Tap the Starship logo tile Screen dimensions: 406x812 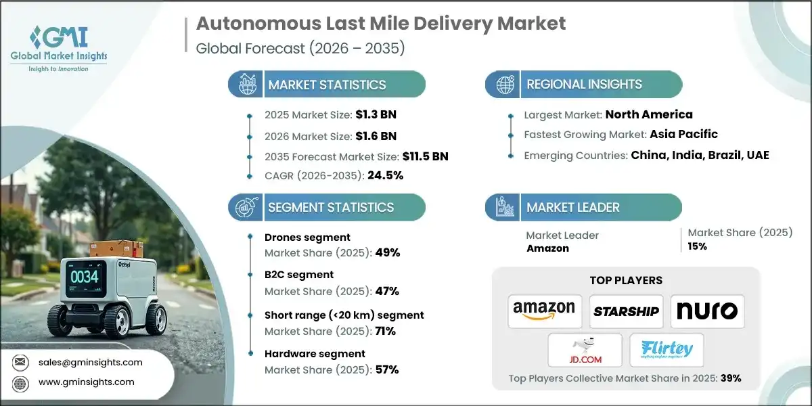(626, 311)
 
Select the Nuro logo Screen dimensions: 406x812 (707, 311)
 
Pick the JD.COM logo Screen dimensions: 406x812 (585, 350)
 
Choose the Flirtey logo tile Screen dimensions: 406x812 (667, 350)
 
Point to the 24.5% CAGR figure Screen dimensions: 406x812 (385, 175)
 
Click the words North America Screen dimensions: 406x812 (649, 114)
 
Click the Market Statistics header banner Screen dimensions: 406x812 (327, 85)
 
